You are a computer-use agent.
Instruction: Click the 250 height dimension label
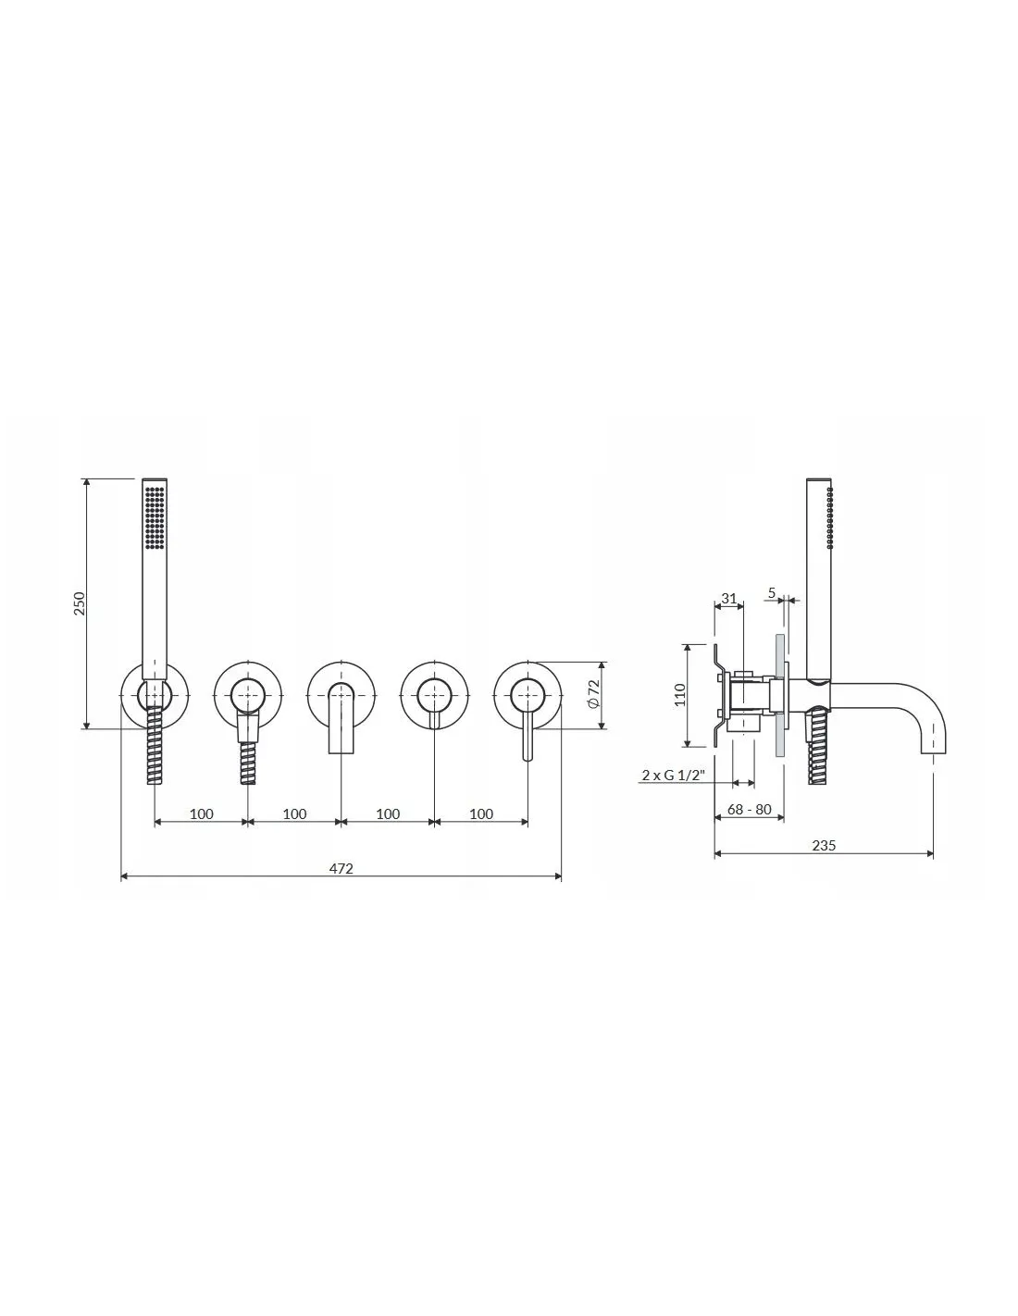[80, 602]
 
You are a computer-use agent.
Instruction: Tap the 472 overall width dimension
[341, 868]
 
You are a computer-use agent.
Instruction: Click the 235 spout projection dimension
[824, 846]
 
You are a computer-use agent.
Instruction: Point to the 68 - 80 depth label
[749, 809]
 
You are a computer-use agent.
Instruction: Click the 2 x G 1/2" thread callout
[674, 775]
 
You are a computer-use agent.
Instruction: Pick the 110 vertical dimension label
[679, 694]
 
